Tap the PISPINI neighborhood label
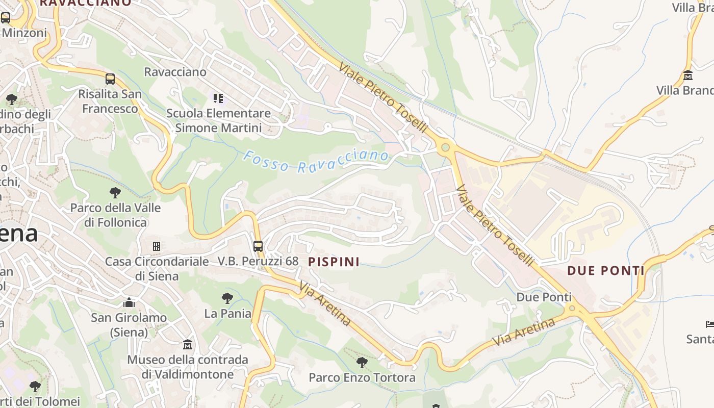pyautogui.click(x=334, y=262)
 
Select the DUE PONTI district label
pyautogui.click(x=606, y=270)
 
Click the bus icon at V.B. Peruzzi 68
pyautogui.click(x=258, y=246)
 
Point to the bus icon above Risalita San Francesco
pyautogui.click(x=110, y=79)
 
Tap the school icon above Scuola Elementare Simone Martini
pyautogui.click(x=218, y=98)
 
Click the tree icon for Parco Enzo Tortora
pyautogui.click(x=362, y=363)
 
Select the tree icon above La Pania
pyautogui.click(x=227, y=298)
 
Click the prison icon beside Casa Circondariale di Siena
pyautogui.click(x=157, y=246)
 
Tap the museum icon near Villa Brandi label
pyautogui.click(x=687, y=75)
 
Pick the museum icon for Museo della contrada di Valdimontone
pyautogui.click(x=188, y=345)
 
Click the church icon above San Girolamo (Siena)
pyautogui.click(x=129, y=302)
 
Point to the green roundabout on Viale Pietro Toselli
pyautogui.click(x=446, y=147)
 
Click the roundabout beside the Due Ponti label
pyautogui.click(x=572, y=308)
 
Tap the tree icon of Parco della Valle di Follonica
pyautogui.click(x=115, y=193)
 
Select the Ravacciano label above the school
pyautogui.click(x=175, y=72)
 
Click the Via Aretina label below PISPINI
pyautogui.click(x=325, y=303)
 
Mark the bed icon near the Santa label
pyautogui.click(x=709, y=324)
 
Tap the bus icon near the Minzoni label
pyautogui.click(x=6, y=18)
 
